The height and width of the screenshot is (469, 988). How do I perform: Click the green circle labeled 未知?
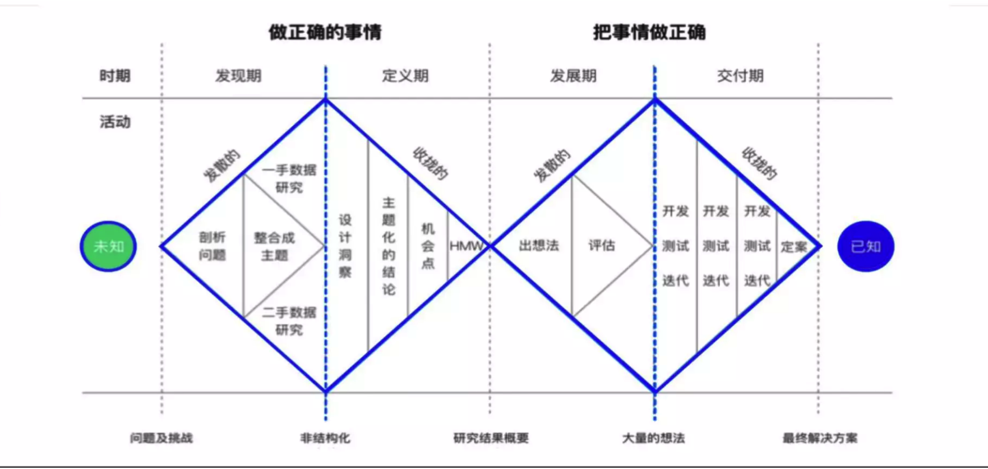[x=108, y=246]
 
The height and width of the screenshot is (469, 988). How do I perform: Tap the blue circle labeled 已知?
[x=865, y=246]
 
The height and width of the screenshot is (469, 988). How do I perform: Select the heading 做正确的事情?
[x=325, y=32]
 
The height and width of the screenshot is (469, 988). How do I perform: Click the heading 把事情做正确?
[x=649, y=32]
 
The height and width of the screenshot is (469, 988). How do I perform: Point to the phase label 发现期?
[x=238, y=76]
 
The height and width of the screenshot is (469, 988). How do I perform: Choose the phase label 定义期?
[x=405, y=76]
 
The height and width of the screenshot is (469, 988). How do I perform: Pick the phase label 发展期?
[x=573, y=76]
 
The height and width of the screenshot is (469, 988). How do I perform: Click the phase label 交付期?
[x=740, y=76]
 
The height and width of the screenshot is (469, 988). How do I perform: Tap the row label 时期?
[x=115, y=76]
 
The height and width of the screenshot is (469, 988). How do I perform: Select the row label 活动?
[x=115, y=122]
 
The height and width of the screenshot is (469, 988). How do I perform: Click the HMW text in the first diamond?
[x=467, y=246]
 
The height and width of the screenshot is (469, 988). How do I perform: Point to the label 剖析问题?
[x=213, y=246]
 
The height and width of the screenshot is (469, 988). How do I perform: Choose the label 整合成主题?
[x=274, y=246]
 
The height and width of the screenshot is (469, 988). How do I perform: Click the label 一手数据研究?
[x=289, y=178]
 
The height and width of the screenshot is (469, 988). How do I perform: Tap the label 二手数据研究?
[x=289, y=321]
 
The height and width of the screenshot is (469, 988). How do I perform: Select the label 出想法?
[x=539, y=246]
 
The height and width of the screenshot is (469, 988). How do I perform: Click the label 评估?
[x=602, y=246]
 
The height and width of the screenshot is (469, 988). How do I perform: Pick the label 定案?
[x=794, y=247]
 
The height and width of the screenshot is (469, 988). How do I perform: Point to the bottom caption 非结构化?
[x=325, y=438]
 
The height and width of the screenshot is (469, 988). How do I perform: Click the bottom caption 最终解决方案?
[x=820, y=438]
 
